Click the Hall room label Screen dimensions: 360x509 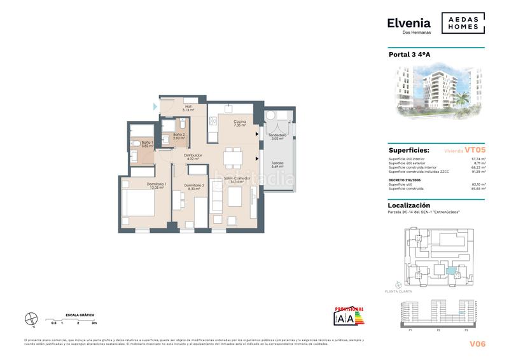pyautogui.click(x=188, y=107)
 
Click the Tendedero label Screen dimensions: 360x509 pyautogui.click(x=277, y=135)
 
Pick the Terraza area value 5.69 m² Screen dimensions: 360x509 pyautogui.click(x=275, y=167)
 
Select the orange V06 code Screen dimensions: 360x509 pyautogui.click(x=477, y=343)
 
